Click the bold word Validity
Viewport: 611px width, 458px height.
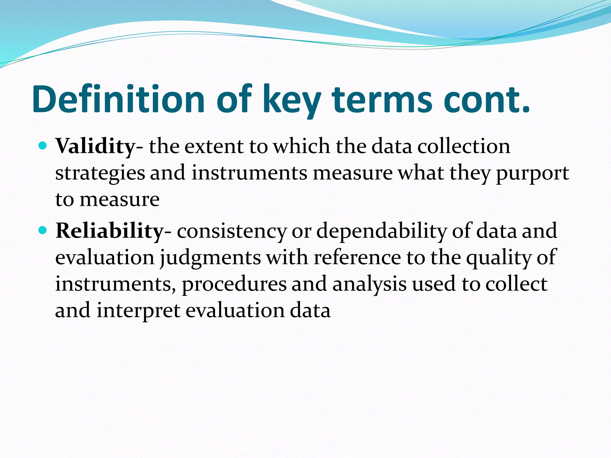96,146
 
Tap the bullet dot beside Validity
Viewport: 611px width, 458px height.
43,146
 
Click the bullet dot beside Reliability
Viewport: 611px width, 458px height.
43,230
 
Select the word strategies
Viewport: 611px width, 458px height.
100,173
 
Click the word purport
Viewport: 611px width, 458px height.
533,173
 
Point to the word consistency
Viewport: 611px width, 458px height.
232,231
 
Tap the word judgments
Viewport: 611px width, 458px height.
210,257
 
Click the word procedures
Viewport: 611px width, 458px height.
234,284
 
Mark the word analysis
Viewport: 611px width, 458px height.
369,284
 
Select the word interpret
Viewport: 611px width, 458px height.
138,310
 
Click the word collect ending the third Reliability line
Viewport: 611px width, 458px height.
516,284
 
